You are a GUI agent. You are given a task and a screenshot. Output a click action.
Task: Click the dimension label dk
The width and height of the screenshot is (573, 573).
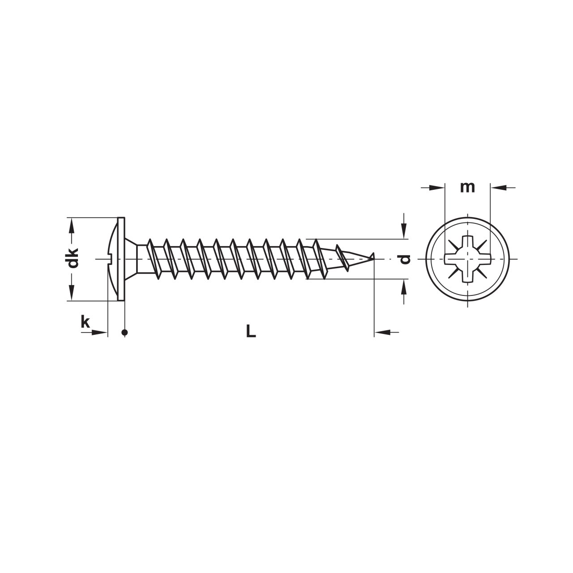72,258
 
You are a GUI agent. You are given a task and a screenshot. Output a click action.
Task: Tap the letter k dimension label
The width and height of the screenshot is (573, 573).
85,322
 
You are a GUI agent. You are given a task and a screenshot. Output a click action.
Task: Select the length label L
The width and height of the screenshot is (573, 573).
251,331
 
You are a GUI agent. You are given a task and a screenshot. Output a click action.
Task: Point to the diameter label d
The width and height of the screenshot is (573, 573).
405,259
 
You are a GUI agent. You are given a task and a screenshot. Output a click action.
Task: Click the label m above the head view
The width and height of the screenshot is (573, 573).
467,187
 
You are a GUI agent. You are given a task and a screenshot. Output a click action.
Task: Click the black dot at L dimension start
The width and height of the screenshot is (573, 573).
125,332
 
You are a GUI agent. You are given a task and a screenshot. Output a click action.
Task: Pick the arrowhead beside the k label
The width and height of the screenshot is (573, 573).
99,332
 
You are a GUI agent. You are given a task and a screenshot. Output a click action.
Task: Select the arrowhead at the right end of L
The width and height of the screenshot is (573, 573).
382,332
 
